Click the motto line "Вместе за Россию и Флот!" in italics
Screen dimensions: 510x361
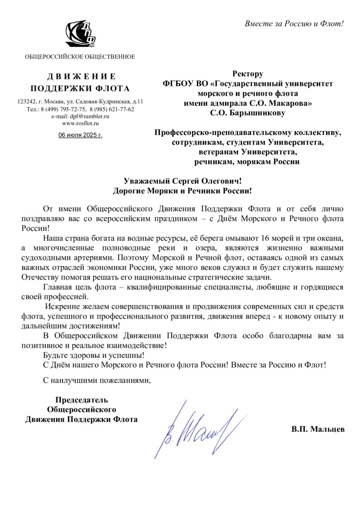point(294,23)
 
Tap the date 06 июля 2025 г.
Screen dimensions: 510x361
point(80,135)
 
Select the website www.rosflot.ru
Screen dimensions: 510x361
point(80,123)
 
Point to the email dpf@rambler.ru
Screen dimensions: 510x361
point(80,116)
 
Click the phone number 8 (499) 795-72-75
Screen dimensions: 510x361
point(63,109)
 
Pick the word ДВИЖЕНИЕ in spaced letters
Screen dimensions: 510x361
point(80,76)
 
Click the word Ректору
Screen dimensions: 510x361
point(248,74)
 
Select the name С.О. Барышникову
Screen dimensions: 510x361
point(248,113)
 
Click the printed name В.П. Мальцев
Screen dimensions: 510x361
point(318,429)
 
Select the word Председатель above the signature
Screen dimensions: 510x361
point(81,399)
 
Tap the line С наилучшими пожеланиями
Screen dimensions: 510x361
point(97,380)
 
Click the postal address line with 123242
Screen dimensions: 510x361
point(80,102)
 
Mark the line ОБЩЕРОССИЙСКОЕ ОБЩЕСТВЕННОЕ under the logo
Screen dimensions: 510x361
point(80,57)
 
